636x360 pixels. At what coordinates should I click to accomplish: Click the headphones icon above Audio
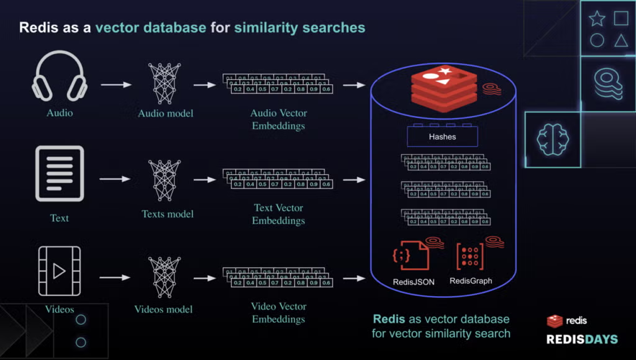coord(59,75)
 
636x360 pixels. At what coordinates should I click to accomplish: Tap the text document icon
coord(59,173)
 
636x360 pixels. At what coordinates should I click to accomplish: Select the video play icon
coord(59,271)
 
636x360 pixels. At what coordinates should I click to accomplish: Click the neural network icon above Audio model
coord(165,79)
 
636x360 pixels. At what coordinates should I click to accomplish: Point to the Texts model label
coord(168,214)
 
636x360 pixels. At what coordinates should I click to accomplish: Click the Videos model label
coord(164,309)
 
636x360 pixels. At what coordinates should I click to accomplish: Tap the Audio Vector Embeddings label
coord(279,119)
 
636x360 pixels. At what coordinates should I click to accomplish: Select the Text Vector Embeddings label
coord(279,214)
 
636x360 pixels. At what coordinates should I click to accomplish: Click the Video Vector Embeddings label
coord(278,313)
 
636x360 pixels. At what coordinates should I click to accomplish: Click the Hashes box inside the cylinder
coord(442,137)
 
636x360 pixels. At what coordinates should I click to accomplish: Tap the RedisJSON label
coord(414,282)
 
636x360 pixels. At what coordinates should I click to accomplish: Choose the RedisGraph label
coord(471,281)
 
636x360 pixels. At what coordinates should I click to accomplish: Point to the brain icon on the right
coord(552,139)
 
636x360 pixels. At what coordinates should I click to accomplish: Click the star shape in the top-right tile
coord(597,19)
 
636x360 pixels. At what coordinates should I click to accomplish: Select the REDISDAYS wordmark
coord(581,339)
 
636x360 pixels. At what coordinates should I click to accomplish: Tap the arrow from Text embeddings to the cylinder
coord(353,180)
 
